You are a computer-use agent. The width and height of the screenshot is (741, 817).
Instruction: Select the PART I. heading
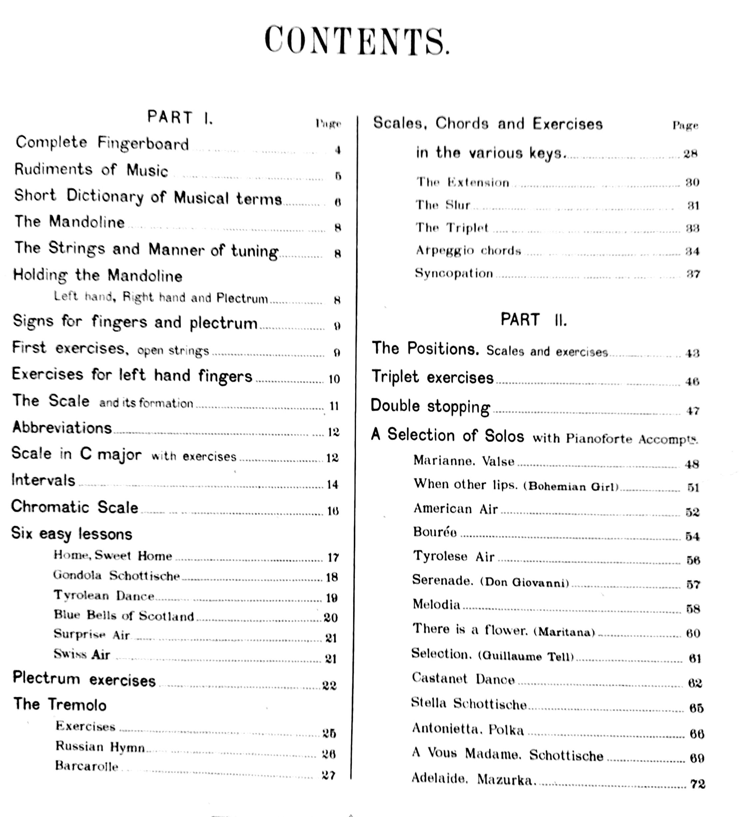pos(180,118)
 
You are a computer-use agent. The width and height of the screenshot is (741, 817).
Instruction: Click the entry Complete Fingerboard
pos(102,143)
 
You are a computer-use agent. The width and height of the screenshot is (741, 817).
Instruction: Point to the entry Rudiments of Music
pos(91,170)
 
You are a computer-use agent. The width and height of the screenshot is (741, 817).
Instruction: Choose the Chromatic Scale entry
pos(75,507)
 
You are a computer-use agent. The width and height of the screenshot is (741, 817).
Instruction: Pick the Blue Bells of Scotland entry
pos(124,616)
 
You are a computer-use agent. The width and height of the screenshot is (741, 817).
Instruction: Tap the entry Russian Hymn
pos(100,746)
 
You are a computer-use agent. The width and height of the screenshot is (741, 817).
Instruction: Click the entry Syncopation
pos(454,274)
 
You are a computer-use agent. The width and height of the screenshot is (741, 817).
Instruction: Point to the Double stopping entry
pos(430,407)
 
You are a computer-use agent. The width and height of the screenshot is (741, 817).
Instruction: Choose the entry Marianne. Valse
pos(464,461)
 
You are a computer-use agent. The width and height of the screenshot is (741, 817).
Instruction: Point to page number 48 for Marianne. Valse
pos(692,464)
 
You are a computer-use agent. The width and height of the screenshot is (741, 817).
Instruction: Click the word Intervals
pos(43,480)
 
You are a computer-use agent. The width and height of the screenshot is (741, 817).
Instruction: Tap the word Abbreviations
pos(62,428)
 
